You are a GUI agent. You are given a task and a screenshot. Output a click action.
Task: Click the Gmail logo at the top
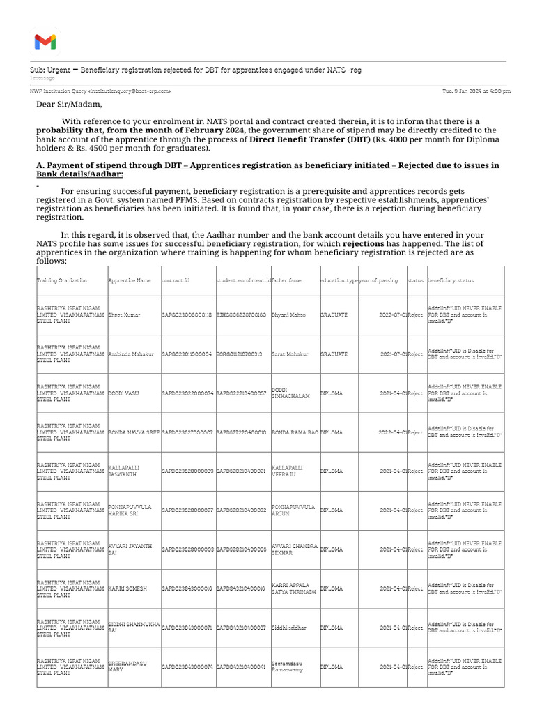point(45,42)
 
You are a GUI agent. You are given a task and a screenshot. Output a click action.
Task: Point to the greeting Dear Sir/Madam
point(69,105)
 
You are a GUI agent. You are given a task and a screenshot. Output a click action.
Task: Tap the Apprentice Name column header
point(130,280)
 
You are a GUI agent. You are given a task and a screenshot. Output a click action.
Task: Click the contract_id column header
point(176,280)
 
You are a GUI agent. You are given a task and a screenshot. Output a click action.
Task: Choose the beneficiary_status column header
point(451,280)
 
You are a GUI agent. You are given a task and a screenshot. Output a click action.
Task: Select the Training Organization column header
point(62,280)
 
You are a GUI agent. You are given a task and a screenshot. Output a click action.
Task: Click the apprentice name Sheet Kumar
point(124,315)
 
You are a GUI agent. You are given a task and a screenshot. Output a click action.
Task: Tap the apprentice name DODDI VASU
point(123,393)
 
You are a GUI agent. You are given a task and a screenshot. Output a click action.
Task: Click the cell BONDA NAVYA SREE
point(134,432)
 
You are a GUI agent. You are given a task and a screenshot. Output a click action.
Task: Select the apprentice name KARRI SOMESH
point(127,588)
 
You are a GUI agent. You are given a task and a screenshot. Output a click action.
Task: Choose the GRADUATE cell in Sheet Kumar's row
point(334,315)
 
